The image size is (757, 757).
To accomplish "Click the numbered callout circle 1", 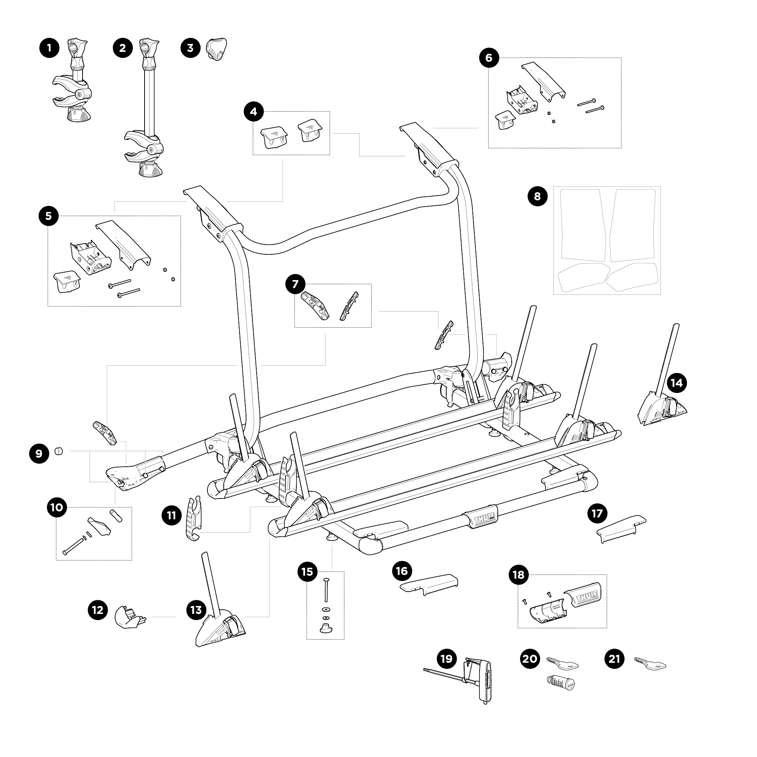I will pos(49,48).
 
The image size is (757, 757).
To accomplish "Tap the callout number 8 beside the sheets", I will pos(537,196).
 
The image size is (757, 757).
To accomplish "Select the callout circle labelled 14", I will pos(677,383).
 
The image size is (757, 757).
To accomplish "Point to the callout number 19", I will pos(446,659).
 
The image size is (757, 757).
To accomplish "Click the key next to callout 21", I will pos(650,664).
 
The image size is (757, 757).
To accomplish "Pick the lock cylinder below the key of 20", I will pos(560,682).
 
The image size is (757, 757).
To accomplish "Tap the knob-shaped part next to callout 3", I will pos(217,48).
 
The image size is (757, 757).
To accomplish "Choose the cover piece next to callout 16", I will pos(429,583).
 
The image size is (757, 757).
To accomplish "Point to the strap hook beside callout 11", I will pos(192,519).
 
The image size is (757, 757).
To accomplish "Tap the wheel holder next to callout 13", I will pos(220,623).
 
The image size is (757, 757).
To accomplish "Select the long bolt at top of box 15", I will pos(326,590).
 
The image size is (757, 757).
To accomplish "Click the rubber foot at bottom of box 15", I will pos(326,628).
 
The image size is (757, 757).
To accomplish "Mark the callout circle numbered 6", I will pos(489,58).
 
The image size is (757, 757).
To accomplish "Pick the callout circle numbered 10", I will pos(56,508).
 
